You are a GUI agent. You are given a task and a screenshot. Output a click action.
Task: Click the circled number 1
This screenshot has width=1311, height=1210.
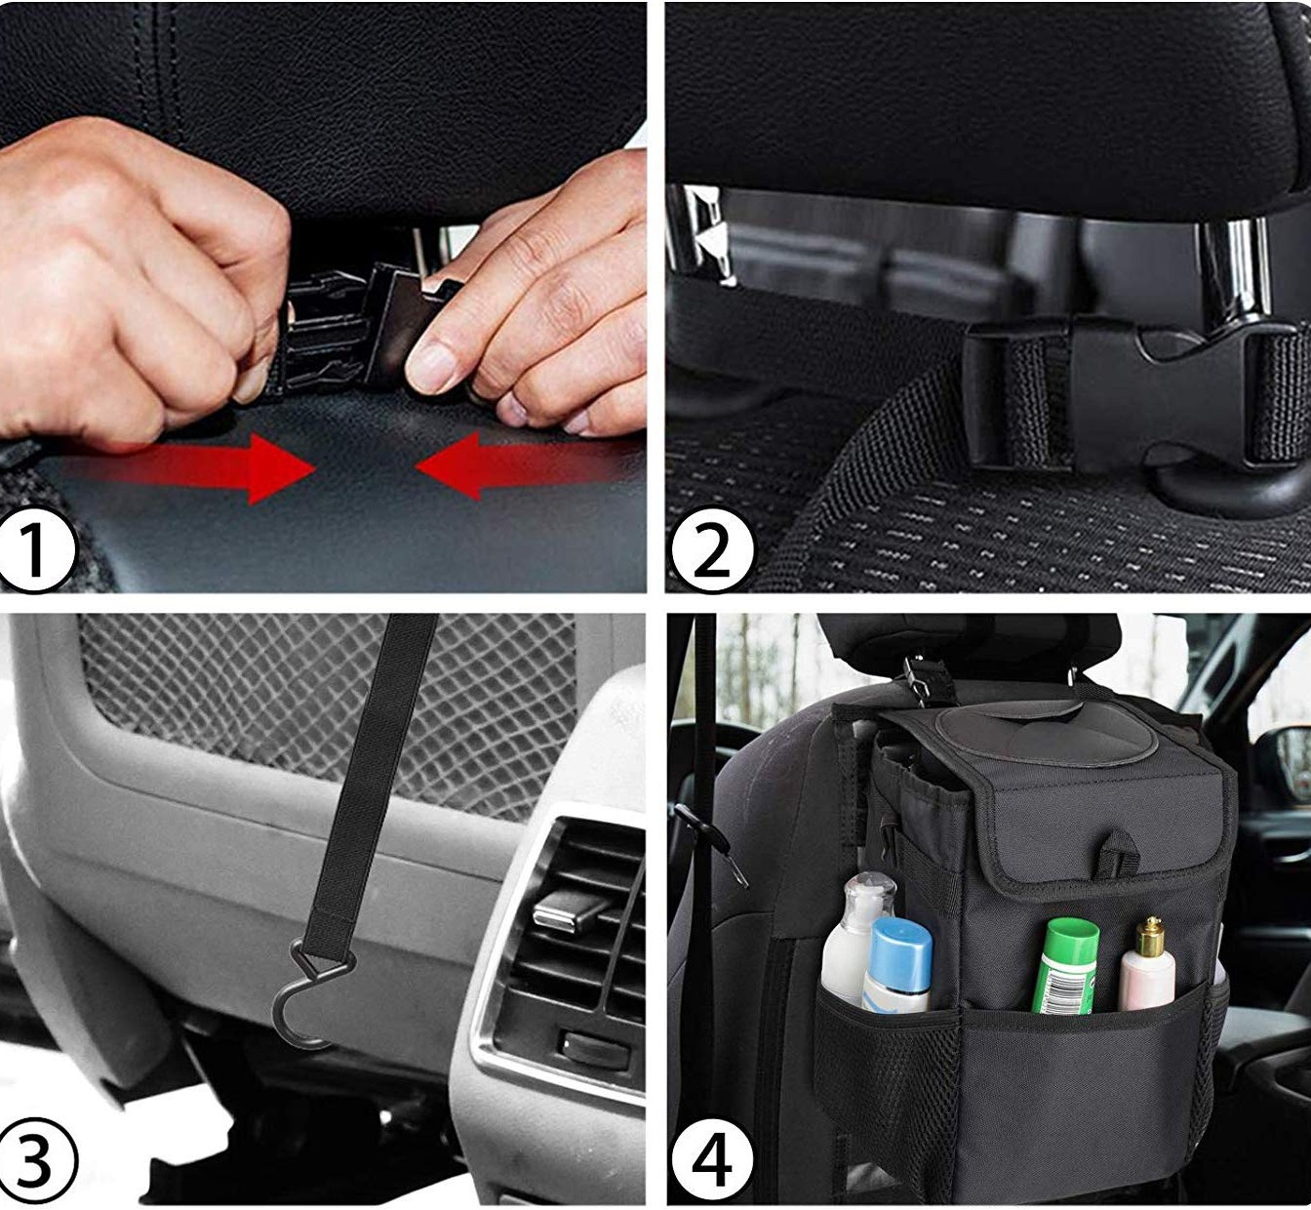coord(36,549)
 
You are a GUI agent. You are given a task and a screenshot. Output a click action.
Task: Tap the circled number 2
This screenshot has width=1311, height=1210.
coord(712,549)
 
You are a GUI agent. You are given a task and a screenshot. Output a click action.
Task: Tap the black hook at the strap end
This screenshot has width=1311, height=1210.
coord(310,990)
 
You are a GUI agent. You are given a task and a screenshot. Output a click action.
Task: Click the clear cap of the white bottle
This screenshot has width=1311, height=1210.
coord(868,893)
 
